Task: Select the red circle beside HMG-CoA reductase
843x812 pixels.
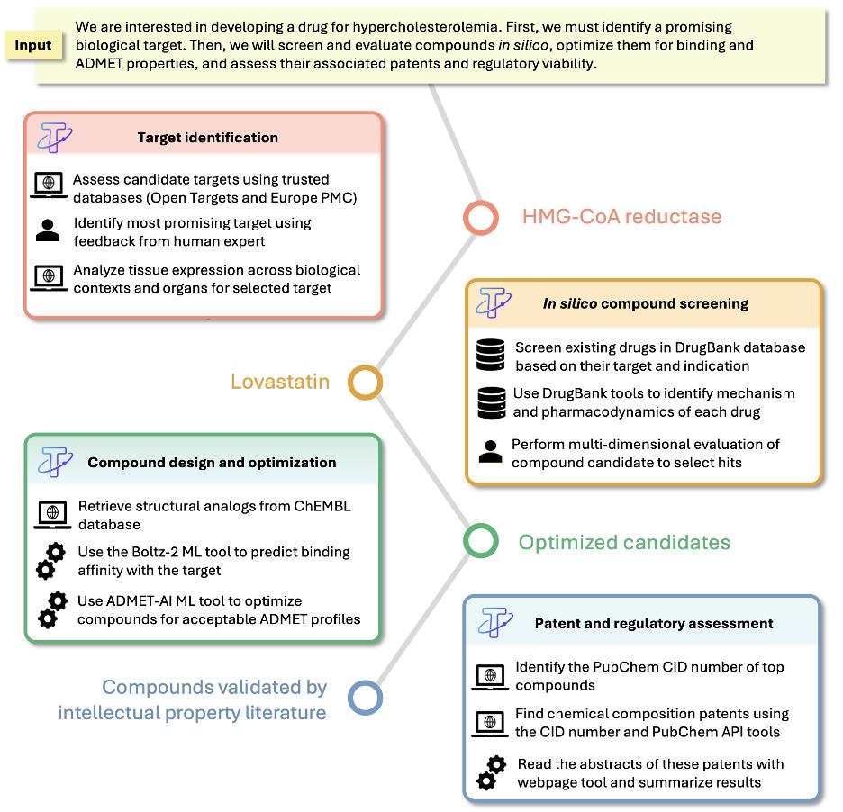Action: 480,217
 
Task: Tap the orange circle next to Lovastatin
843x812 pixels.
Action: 366,382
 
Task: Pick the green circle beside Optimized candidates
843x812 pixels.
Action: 480,541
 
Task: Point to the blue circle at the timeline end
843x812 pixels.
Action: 365,699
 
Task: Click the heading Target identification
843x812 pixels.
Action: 207,138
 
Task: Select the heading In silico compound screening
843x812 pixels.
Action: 645,303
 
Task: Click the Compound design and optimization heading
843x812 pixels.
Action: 212,463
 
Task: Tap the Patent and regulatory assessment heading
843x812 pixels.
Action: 654,623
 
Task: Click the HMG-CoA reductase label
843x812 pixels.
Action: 621,217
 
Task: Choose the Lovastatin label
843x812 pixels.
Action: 279,382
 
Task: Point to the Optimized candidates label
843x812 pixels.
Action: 624,542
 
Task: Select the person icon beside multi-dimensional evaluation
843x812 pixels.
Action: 490,452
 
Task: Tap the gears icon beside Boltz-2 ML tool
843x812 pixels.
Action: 50,560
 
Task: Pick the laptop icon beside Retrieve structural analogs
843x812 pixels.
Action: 52,513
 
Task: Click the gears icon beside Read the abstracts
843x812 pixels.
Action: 491,772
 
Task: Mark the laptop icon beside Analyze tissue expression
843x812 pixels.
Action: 48,278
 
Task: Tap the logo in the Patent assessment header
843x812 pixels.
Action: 496,622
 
